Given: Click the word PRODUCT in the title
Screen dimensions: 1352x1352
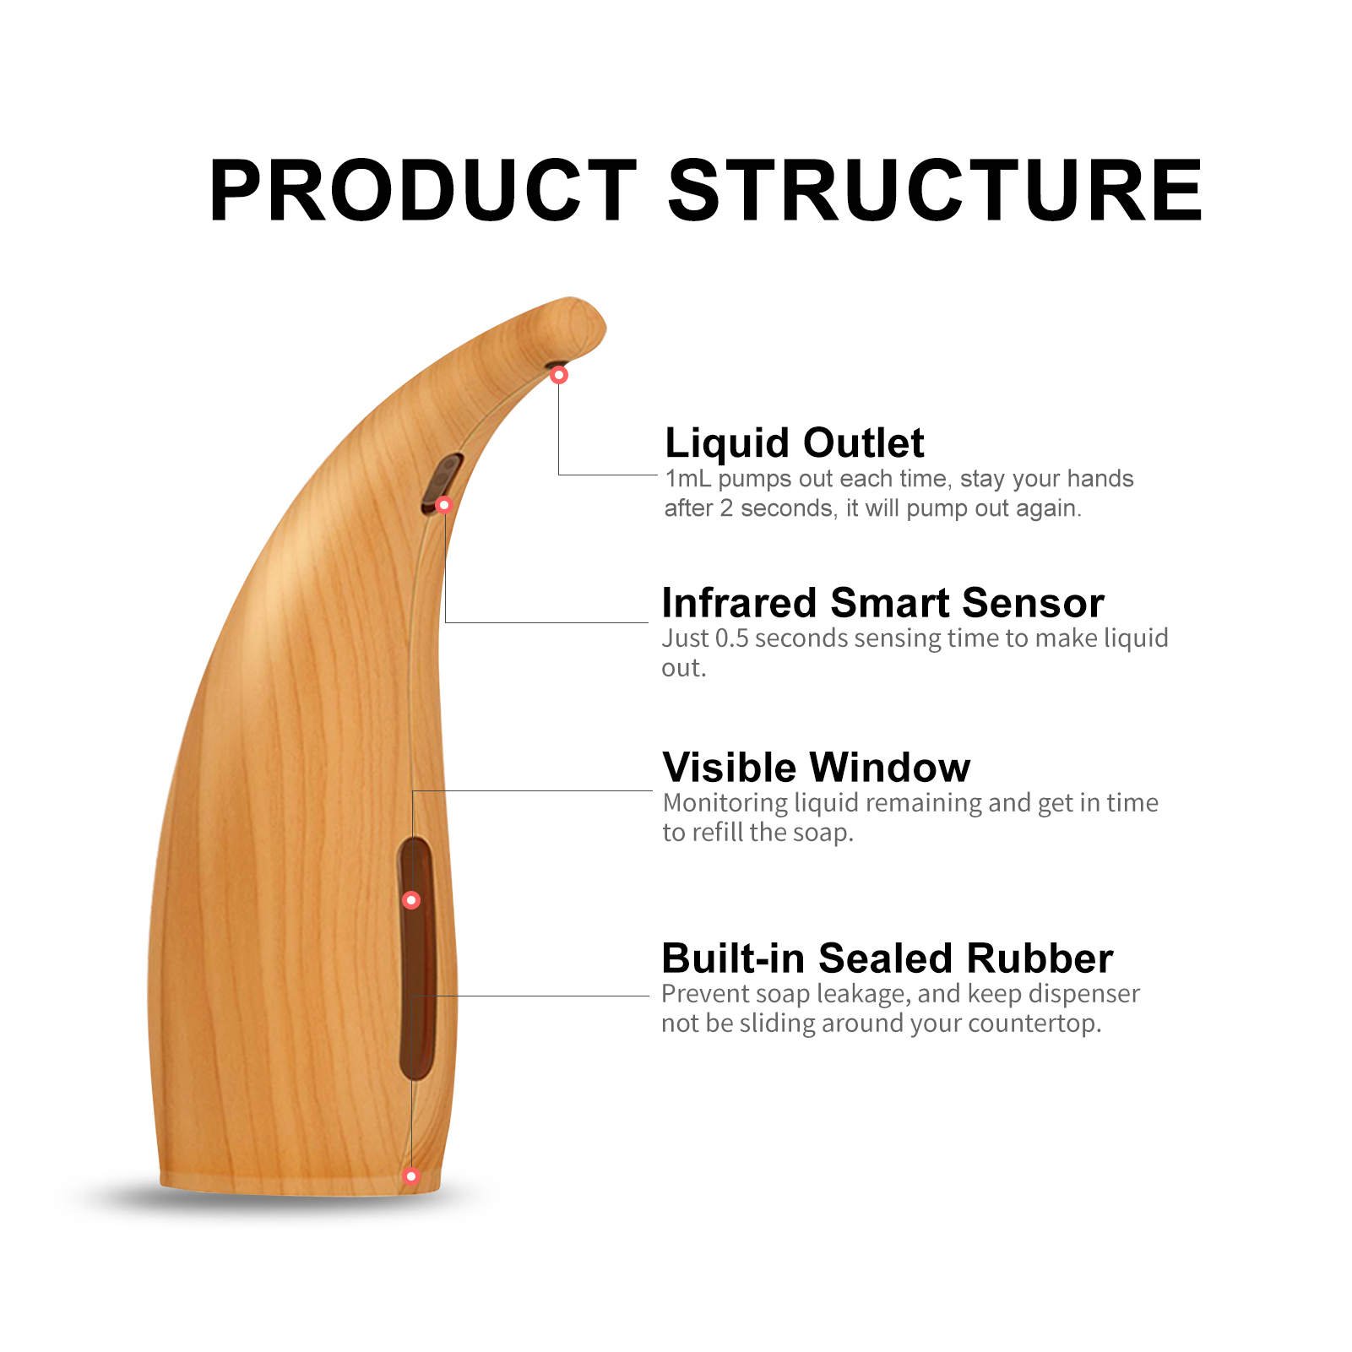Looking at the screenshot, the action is coord(423,191).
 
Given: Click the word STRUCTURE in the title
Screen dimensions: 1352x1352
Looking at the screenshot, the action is coord(936,191).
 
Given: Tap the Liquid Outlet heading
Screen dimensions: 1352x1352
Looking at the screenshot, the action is coord(794,443).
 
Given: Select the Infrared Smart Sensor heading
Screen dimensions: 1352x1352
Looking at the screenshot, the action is coord(882,603).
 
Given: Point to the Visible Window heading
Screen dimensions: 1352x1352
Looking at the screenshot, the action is coord(817,768).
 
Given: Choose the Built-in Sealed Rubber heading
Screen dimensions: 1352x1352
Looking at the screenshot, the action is coord(887,958).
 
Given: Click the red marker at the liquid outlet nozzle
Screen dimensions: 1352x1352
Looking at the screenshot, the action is coord(559,375).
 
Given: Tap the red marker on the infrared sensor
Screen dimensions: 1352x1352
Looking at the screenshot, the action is coord(444,505).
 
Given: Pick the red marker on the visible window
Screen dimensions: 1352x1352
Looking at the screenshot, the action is coord(411,900).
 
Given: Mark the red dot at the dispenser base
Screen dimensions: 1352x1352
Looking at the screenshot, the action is coord(411,1176).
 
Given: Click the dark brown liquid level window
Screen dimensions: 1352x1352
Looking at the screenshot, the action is coord(416,958).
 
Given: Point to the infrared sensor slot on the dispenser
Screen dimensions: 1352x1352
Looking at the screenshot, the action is coord(443,483).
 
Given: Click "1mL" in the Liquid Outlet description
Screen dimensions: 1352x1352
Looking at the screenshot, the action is coord(688,479).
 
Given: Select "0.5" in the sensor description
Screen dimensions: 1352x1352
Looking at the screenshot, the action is coord(732,638).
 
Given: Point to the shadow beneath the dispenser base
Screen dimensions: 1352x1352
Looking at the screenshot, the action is coord(287,1199).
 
